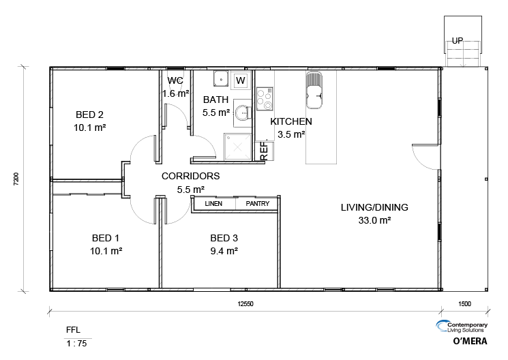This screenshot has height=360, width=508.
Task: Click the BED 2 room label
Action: (89, 115)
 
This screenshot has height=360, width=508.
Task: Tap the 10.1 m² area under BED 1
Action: (106, 251)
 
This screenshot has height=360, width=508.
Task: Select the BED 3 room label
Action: (224, 238)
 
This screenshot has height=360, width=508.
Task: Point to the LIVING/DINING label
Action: (374, 207)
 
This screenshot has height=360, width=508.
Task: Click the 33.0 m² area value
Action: (374, 220)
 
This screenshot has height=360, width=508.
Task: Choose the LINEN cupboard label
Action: (213, 203)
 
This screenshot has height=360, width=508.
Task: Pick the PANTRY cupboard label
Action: (258, 203)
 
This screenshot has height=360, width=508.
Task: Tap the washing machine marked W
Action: (241, 80)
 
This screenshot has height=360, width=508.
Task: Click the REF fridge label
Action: (265, 151)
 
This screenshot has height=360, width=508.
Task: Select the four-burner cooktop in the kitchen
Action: (265, 99)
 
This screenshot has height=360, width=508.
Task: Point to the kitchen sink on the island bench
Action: (314, 90)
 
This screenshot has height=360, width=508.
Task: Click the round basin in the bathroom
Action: (241, 112)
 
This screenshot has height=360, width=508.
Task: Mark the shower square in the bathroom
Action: (237, 147)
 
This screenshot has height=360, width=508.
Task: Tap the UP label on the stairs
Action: (458, 41)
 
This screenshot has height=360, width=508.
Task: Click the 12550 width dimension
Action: (245, 304)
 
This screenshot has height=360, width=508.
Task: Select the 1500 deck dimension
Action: (464, 304)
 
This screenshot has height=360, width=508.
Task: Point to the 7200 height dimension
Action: (16, 179)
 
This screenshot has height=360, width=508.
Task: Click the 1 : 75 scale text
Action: (77, 344)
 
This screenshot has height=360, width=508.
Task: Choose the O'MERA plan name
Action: (470, 341)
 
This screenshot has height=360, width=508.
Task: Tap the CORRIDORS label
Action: (190, 176)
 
